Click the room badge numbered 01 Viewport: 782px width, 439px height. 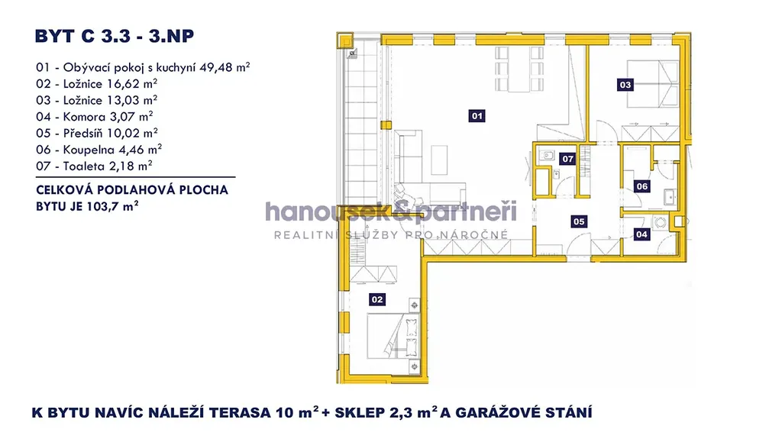[477, 116]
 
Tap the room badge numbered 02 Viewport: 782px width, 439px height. [377, 299]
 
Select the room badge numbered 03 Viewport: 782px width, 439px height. [625, 85]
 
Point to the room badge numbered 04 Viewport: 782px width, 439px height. [641, 234]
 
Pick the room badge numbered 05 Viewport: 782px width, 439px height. [579, 221]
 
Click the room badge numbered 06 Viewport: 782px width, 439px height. [641, 186]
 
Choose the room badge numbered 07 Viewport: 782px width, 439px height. [567, 159]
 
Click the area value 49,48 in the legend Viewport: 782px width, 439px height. [216, 67]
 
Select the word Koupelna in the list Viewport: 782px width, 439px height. [89, 150]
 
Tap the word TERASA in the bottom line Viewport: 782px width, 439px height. [240, 413]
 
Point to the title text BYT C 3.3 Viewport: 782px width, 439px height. [82, 36]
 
